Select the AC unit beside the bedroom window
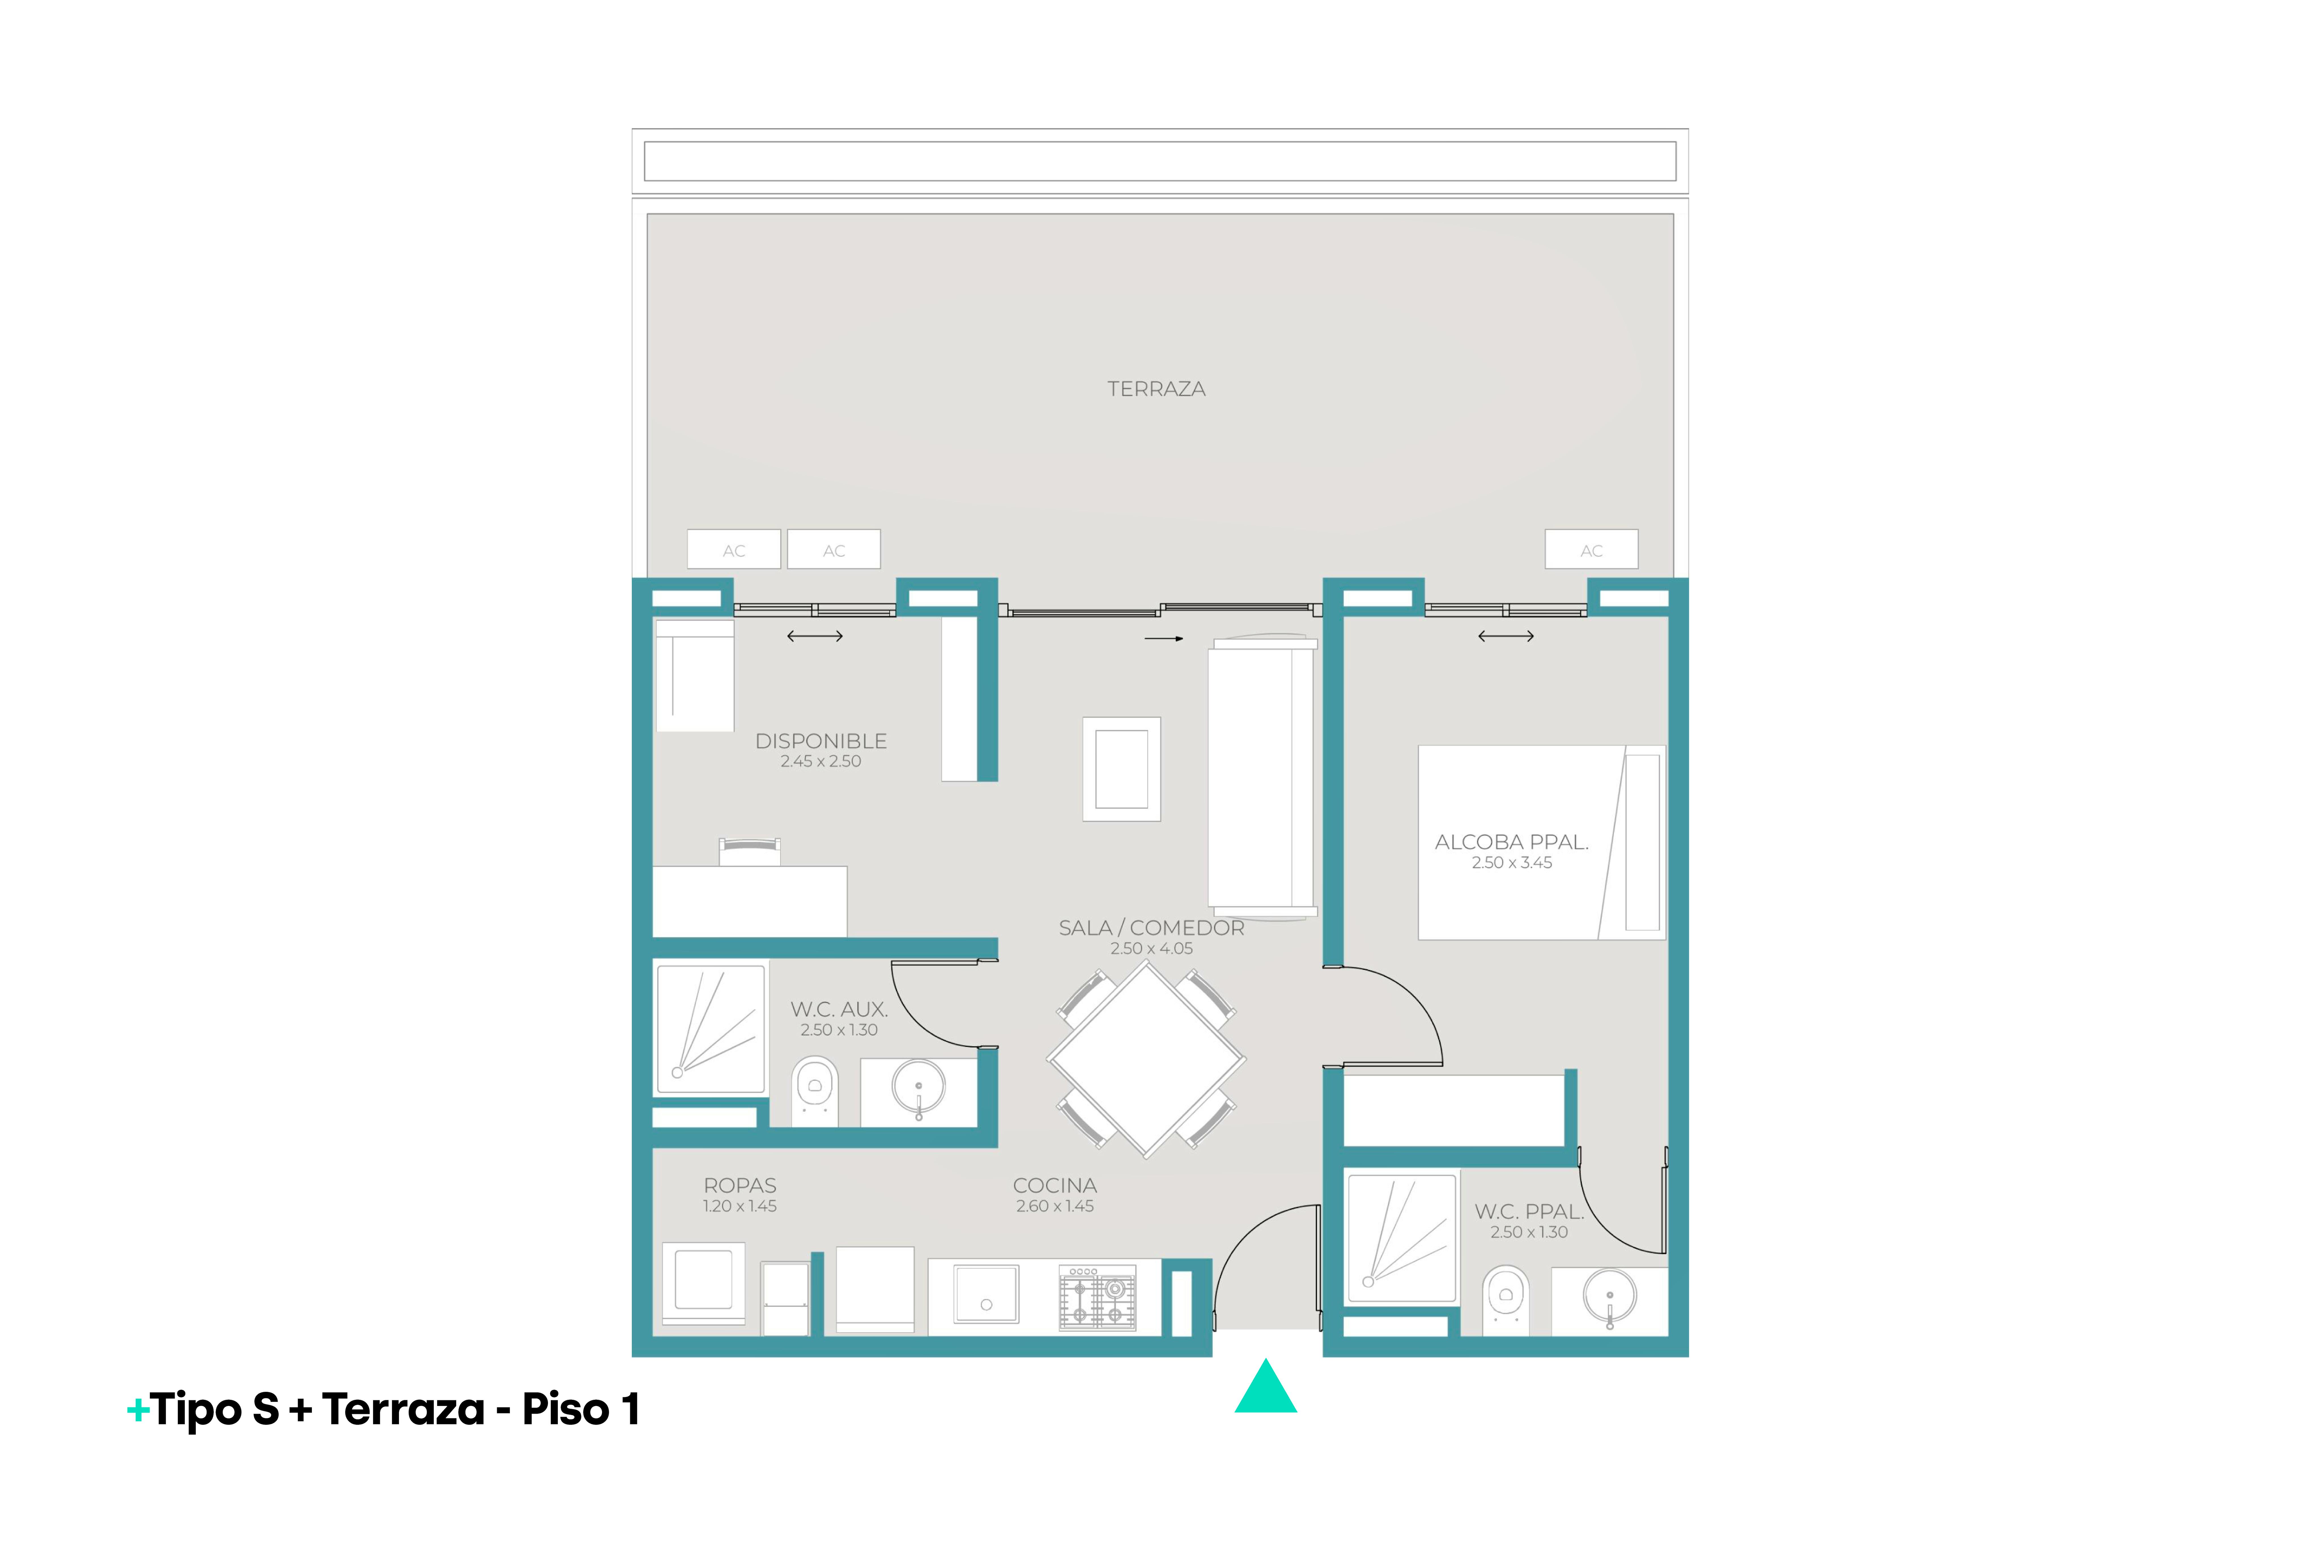click(1591, 549)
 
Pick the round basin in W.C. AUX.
click(919, 1087)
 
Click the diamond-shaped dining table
click(1146, 1059)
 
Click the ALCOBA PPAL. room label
click(1511, 843)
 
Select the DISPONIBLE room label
click(821, 741)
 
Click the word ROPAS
click(740, 1185)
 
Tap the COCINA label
click(1055, 1185)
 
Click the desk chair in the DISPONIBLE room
click(750, 852)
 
